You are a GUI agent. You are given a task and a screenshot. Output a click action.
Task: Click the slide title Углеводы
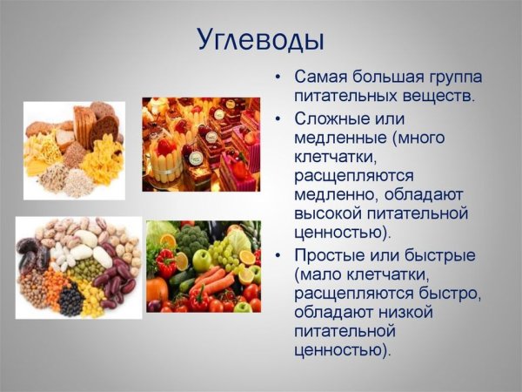[260, 40]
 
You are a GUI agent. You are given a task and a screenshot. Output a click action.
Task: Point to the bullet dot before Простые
[278, 255]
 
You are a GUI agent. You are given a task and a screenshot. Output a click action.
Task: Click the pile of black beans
[70, 301]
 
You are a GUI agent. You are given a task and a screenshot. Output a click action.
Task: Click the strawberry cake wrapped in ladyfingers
[165, 158]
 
